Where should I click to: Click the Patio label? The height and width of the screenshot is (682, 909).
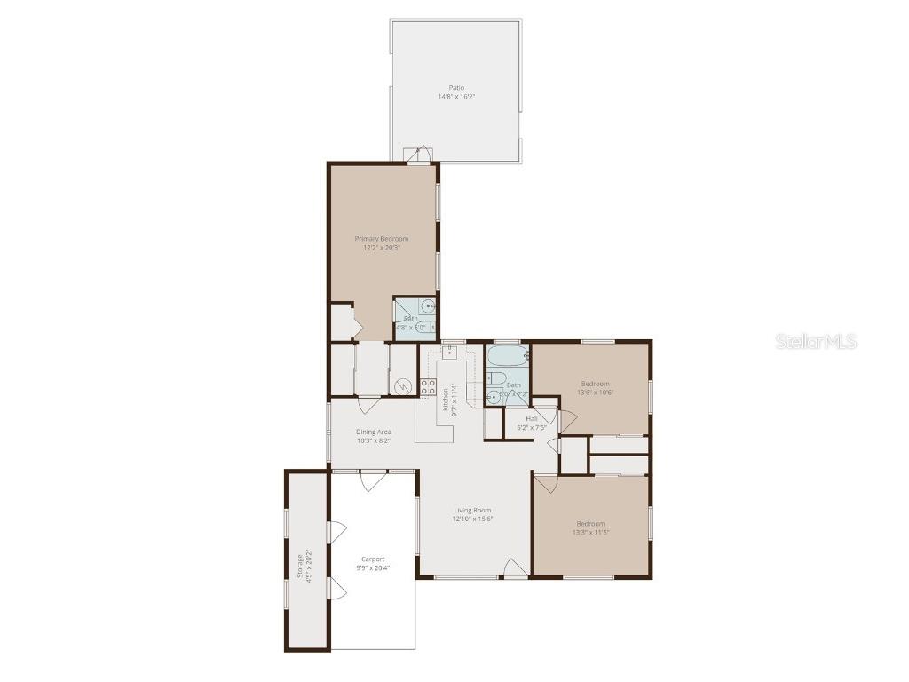pyautogui.click(x=455, y=87)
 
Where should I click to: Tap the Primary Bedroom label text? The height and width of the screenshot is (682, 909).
pyautogui.click(x=382, y=238)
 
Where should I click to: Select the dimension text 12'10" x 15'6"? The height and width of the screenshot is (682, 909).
pyautogui.click(x=472, y=519)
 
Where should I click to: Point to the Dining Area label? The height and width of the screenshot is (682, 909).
pyautogui.click(x=374, y=432)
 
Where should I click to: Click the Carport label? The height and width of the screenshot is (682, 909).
pyautogui.click(x=373, y=559)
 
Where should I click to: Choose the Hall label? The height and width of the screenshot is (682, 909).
pyautogui.click(x=532, y=418)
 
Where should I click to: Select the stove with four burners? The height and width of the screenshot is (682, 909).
pyautogui.click(x=428, y=386)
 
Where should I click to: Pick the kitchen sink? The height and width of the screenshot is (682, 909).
pyautogui.click(x=449, y=352)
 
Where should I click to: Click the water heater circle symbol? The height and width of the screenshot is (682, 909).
pyautogui.click(x=404, y=386)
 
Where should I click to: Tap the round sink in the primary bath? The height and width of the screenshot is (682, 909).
pyautogui.click(x=429, y=307)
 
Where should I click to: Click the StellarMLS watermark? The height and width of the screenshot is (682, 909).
pyautogui.click(x=816, y=341)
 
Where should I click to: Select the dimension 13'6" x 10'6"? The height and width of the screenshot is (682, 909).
pyautogui.click(x=595, y=392)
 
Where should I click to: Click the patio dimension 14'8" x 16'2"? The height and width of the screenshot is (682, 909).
pyautogui.click(x=455, y=96)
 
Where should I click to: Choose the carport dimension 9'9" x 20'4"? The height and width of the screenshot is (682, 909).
pyautogui.click(x=373, y=567)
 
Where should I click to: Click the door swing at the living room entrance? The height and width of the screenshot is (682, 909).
pyautogui.click(x=513, y=567)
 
